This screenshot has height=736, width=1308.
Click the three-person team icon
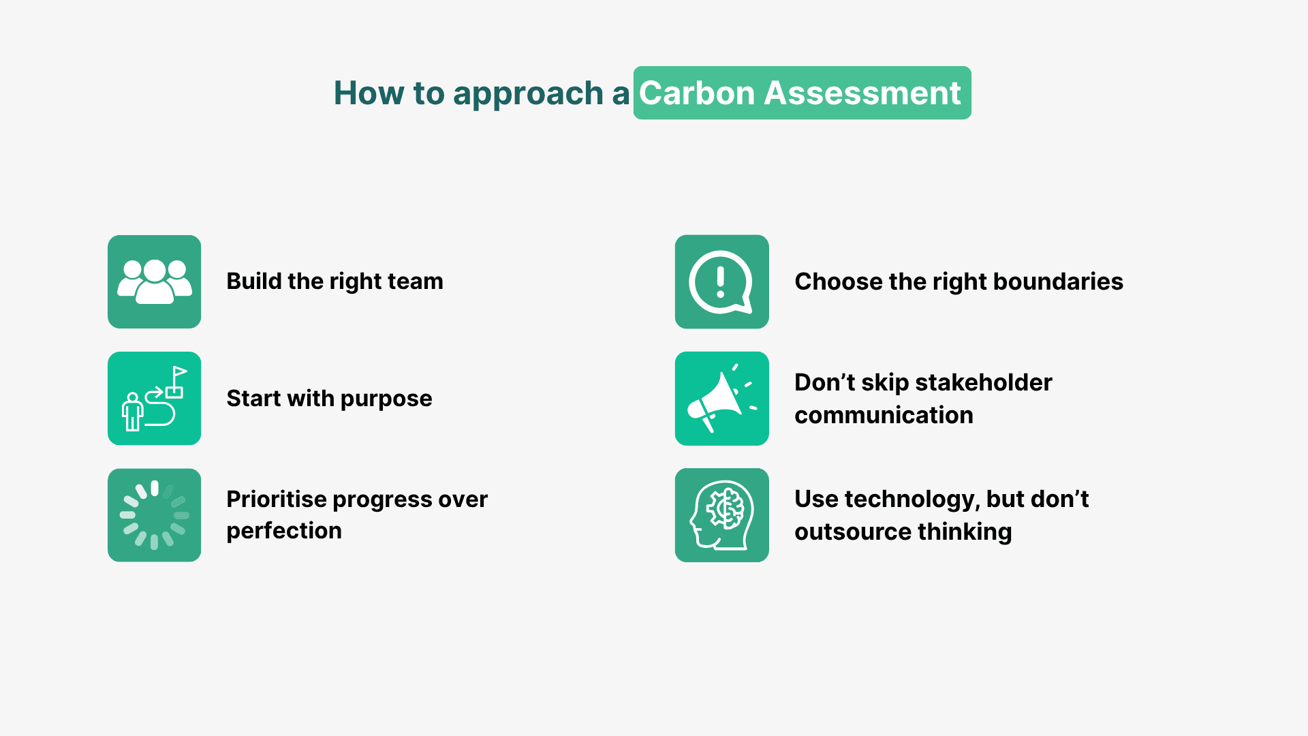tap(155, 281)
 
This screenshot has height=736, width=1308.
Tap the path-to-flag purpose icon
tap(155, 399)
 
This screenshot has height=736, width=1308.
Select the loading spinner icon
tap(155, 515)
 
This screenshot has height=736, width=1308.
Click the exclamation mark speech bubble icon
tap(721, 282)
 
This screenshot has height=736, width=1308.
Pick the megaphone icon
tap(721, 399)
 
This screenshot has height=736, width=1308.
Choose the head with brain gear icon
tap(721, 515)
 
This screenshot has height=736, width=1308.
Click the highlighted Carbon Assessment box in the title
tap(802, 93)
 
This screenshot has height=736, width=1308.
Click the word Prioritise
tap(277, 500)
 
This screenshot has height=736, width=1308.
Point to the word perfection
tap(284, 532)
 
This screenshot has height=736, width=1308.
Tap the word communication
tap(884, 415)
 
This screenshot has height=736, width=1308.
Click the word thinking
tap(963, 532)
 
